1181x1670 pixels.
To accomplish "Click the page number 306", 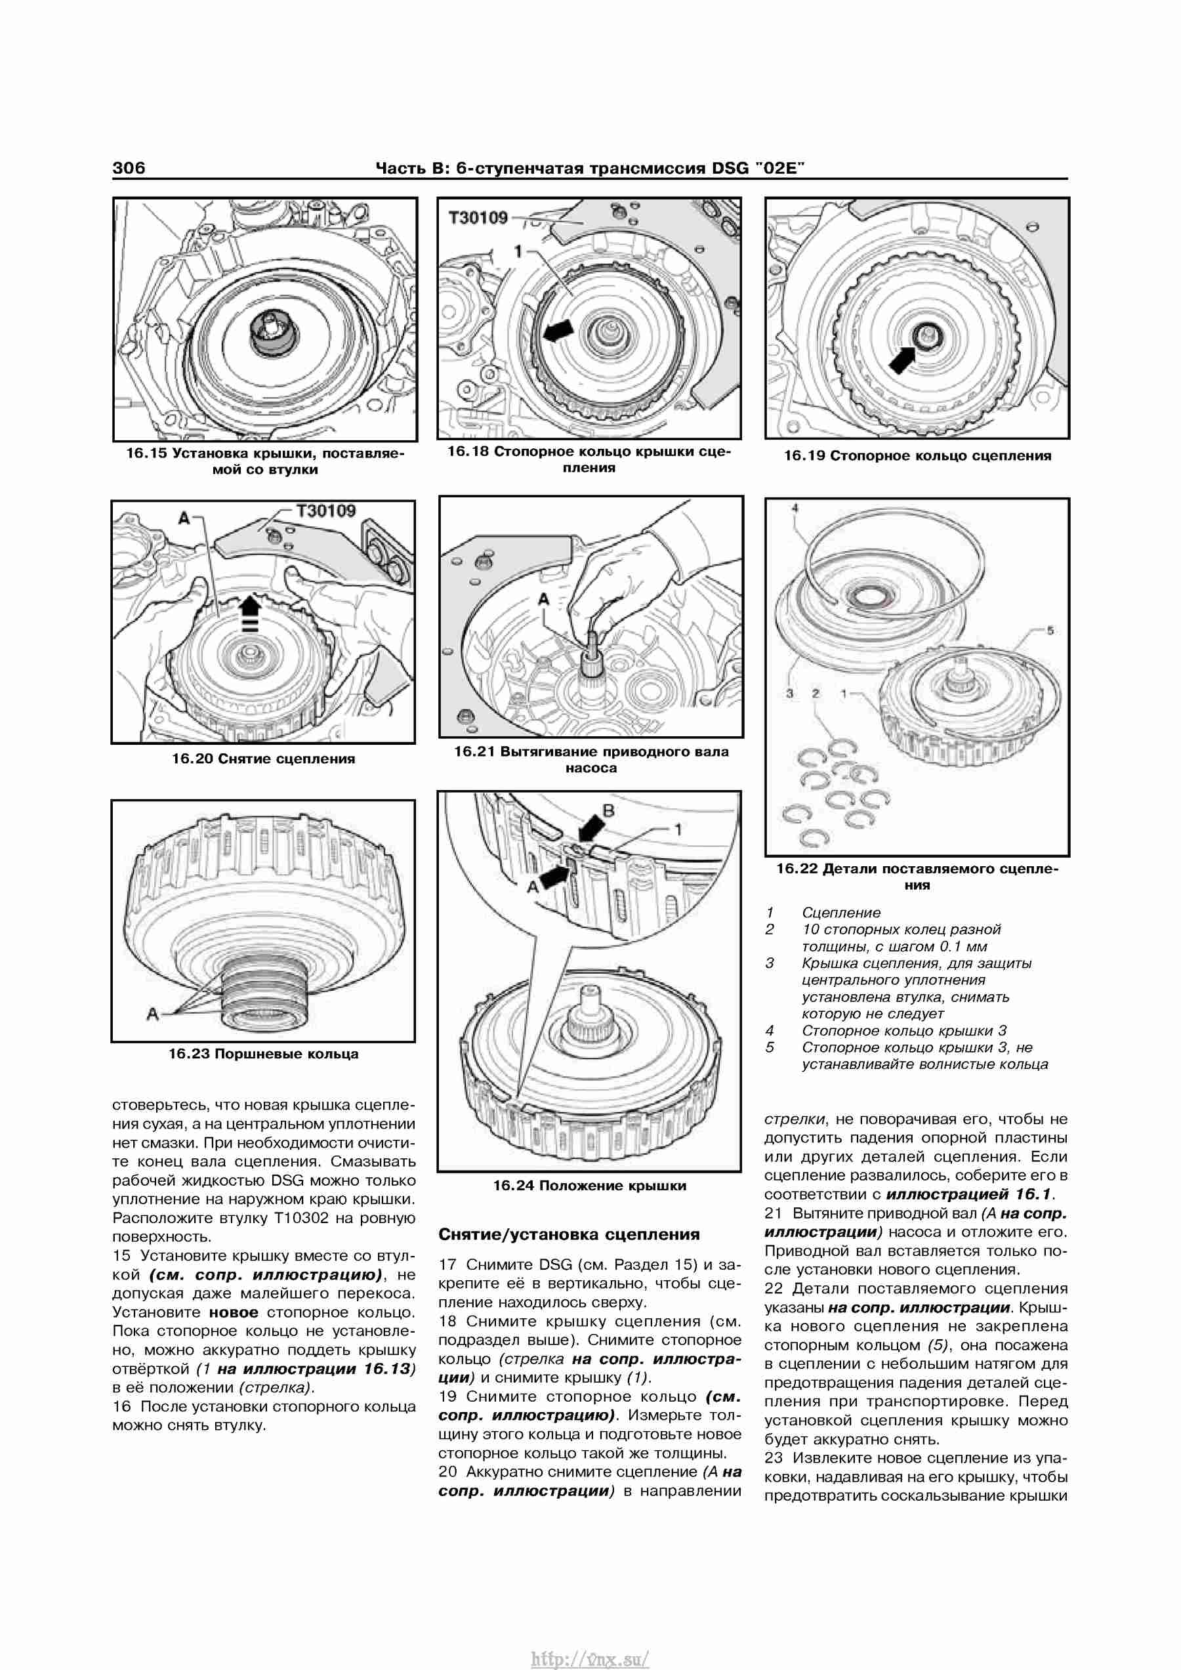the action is (129, 168).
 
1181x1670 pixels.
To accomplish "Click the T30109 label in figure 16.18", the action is (478, 219).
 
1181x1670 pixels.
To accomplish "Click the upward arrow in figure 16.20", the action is (249, 610).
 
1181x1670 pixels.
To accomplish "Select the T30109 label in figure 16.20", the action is (326, 511).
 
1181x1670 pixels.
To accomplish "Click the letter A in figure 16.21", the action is (543, 600).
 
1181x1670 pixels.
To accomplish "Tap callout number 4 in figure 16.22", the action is (795, 508).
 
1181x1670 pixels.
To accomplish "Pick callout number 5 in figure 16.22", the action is (1050, 630).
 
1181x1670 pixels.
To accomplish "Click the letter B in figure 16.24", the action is (610, 810).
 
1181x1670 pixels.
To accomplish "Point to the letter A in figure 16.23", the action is (153, 1013).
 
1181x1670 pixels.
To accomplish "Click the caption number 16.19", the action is (804, 456).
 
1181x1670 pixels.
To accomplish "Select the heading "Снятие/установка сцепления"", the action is (570, 1234).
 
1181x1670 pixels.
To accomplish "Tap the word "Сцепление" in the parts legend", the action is (840, 913).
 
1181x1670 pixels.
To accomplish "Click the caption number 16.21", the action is (474, 751).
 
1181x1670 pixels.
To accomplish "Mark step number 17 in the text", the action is (448, 1265).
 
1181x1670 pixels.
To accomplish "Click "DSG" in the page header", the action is (730, 169).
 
